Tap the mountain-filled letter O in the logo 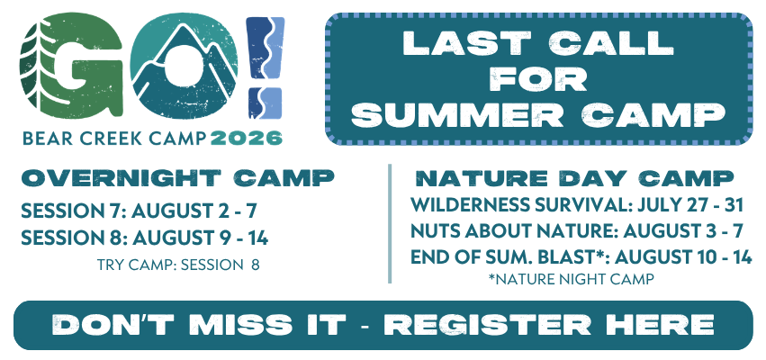185,65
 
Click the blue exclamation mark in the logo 265,67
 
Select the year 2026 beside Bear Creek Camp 247,139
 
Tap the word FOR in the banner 539,79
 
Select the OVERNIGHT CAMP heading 178,178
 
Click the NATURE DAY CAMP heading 574,179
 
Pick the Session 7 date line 139,211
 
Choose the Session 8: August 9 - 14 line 145,238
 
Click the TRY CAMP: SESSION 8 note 178,265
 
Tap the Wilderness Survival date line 577,205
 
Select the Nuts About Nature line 577,231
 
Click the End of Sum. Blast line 581,256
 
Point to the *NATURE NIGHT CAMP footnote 571,279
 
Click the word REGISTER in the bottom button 488,325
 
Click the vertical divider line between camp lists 390,224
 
